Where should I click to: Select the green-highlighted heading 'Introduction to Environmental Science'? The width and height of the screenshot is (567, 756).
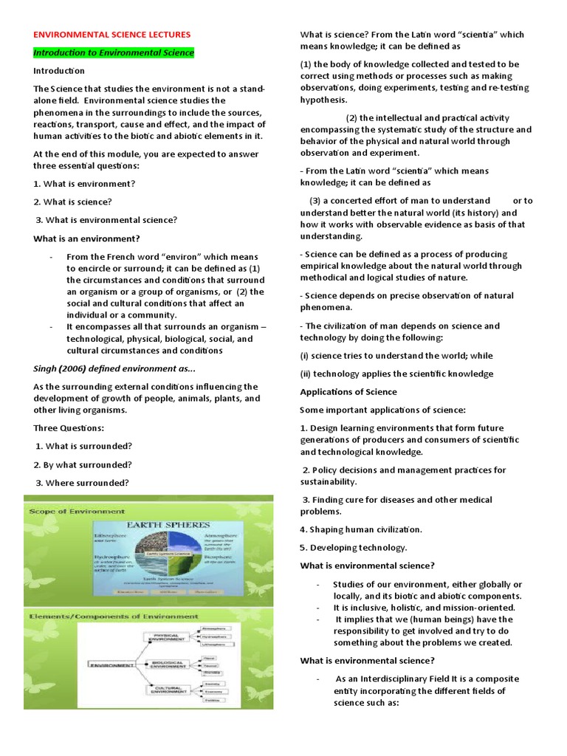pyautogui.click(x=114, y=53)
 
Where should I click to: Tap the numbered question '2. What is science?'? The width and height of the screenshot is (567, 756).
pyautogui.click(x=71, y=202)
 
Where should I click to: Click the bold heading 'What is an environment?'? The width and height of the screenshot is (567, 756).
pyautogui.click(x=86, y=238)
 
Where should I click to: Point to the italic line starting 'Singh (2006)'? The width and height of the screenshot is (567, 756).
pyautogui.click(x=114, y=368)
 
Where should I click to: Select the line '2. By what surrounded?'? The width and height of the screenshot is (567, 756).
pyautogui.click(x=83, y=465)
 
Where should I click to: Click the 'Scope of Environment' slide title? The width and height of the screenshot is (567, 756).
pyautogui.click(x=76, y=511)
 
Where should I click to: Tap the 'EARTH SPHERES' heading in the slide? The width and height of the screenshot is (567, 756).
pyautogui.click(x=168, y=524)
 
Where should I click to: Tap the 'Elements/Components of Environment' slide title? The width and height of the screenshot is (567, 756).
pyautogui.click(x=113, y=615)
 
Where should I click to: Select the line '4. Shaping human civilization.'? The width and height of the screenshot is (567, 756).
pyautogui.click(x=360, y=529)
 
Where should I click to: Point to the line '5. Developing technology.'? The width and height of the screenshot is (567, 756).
pyautogui.click(x=353, y=548)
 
